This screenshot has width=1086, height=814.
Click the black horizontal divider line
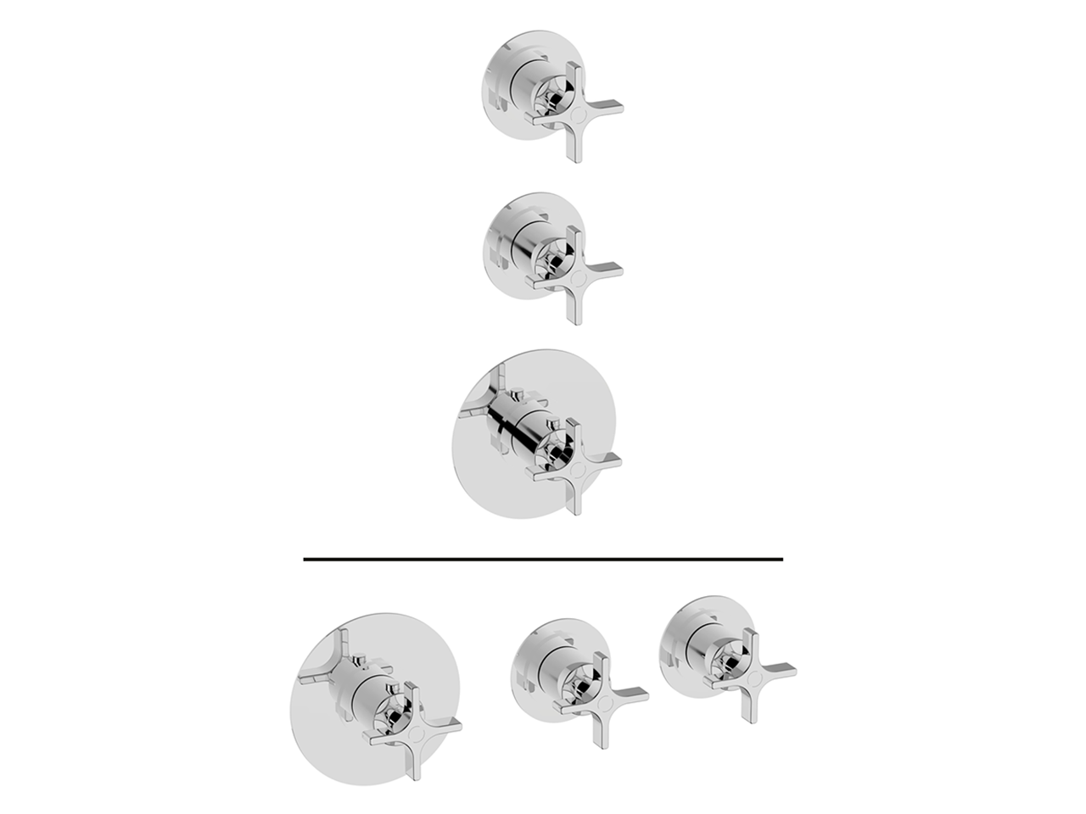pos(543,559)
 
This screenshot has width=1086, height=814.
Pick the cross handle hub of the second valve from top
pos(577,274)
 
